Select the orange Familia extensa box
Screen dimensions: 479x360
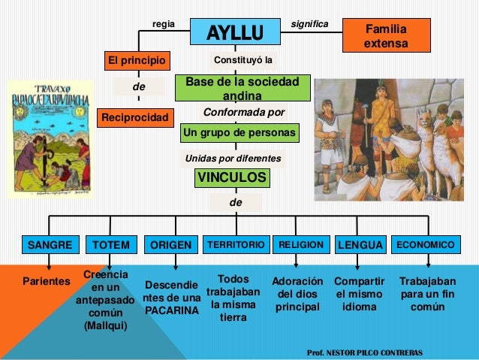(386, 36)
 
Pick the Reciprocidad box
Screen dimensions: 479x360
(136, 117)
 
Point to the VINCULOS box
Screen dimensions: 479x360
(231, 178)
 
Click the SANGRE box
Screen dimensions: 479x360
(50, 245)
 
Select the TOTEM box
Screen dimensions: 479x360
(110, 245)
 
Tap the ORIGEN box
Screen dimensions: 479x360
(171, 245)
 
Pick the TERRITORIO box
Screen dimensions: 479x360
(236, 245)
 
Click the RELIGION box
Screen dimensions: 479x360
(300, 245)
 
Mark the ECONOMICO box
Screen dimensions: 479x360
(425, 245)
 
